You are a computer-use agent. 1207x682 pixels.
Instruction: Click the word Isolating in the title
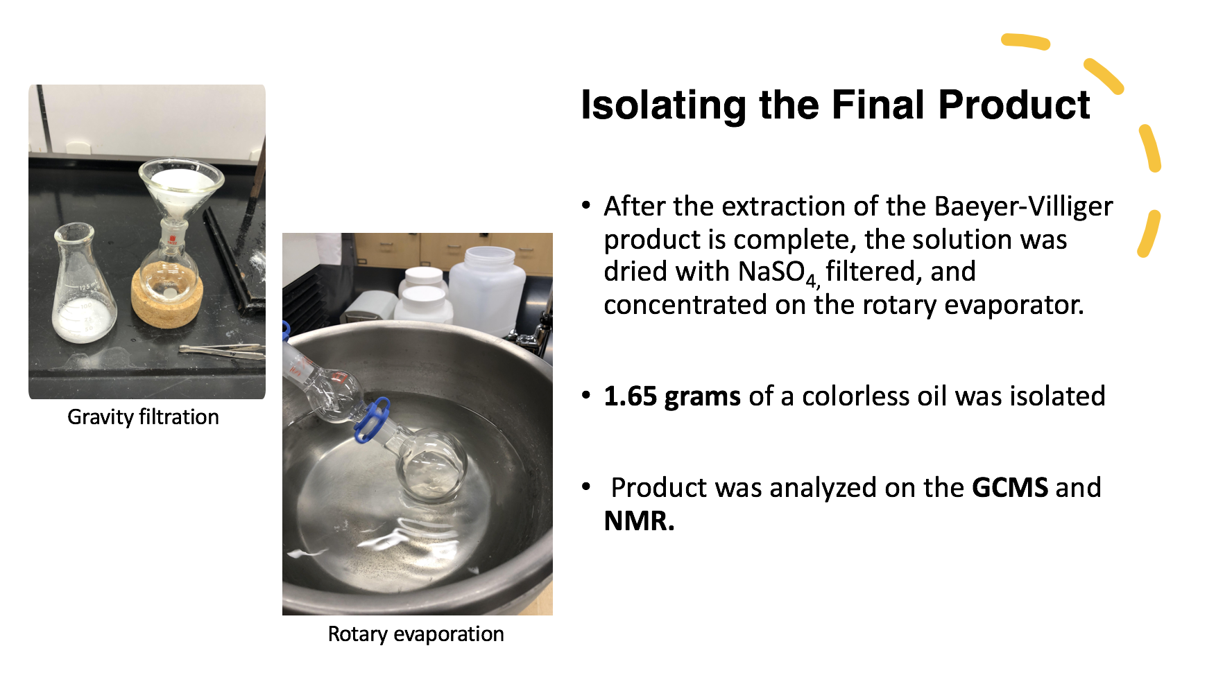point(665,105)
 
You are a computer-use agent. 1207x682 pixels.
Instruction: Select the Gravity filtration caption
point(143,417)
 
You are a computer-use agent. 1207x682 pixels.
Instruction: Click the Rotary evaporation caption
point(416,633)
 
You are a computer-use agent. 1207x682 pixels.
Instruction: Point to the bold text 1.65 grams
point(672,396)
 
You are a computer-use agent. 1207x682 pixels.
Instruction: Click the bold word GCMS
point(1010,487)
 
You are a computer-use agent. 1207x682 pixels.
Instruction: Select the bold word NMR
point(639,521)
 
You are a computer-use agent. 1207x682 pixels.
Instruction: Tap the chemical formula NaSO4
point(780,272)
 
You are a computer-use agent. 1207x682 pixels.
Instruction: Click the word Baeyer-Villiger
point(1023,207)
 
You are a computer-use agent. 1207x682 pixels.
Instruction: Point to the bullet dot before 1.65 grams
point(587,396)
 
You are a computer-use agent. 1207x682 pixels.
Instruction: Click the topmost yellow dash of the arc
point(1025,42)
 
